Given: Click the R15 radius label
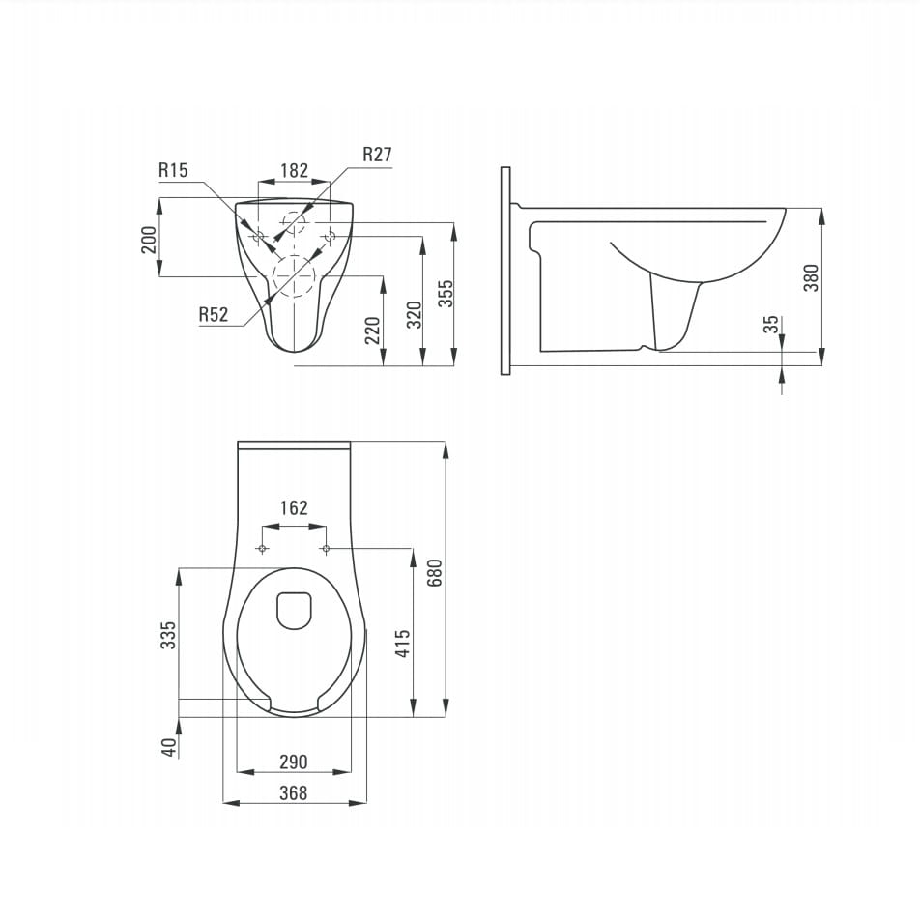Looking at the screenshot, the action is click(x=173, y=170).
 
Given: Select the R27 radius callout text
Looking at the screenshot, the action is click(x=377, y=155).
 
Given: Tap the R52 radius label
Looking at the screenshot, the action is click(x=213, y=314).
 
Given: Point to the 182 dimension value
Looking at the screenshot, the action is click(x=294, y=170).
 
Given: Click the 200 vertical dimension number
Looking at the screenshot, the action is click(x=149, y=240).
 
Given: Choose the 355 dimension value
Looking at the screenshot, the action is click(x=446, y=294).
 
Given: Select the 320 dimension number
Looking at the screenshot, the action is click(x=415, y=314).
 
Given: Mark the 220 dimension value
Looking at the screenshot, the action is click(x=373, y=331).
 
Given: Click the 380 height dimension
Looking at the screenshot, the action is click(x=811, y=278).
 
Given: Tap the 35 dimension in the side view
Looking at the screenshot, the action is click(x=771, y=325).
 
